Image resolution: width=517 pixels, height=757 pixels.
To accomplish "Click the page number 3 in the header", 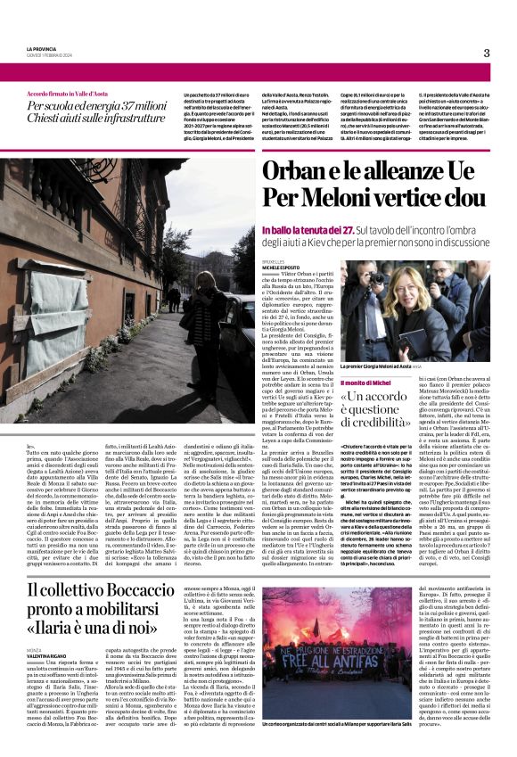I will point(487,53).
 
